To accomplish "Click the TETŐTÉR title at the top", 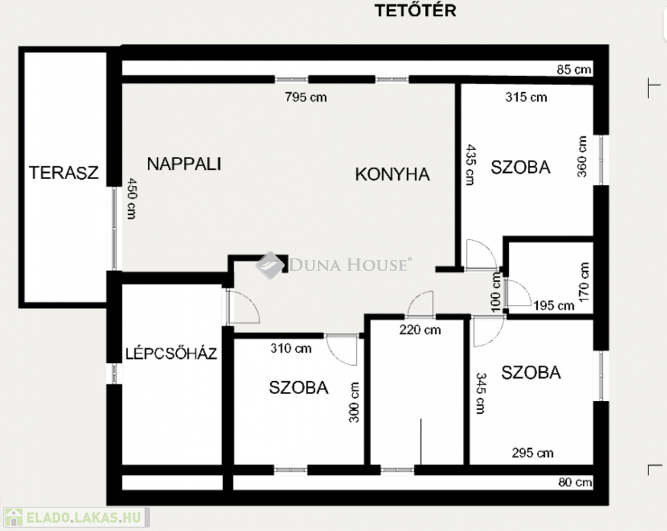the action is click(415, 10).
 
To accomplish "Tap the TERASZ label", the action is click(64, 172).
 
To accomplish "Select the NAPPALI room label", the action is click(184, 164).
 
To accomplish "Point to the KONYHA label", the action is click(392, 174).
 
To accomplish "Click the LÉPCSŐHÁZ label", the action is click(171, 353).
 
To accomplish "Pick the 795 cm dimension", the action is click(306, 97).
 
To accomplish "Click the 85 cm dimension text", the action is click(574, 69).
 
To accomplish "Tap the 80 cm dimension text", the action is click(575, 482).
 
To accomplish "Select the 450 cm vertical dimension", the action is click(132, 198).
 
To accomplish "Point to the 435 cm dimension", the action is click(470, 165).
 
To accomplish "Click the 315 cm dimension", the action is click(526, 97).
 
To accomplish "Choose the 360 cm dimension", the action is click(582, 156).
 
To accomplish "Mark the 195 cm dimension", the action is click(554, 306).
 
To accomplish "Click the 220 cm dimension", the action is click(420, 330).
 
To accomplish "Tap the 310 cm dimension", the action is click(291, 348).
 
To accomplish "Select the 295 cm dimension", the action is click(533, 453).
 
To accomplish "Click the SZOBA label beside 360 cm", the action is click(520, 167).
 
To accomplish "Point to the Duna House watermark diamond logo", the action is click(270, 265).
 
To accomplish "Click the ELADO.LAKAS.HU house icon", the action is click(14, 517).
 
